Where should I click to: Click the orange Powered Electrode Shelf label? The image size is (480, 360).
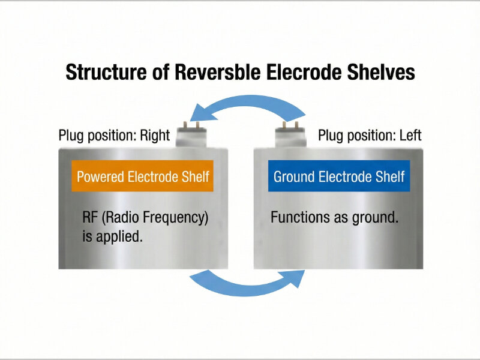(142, 176)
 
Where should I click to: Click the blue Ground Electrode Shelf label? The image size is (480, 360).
(339, 176)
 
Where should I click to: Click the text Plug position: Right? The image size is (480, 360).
(114, 135)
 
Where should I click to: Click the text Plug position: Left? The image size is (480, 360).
(370, 135)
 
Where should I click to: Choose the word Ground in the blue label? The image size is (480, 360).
(294, 176)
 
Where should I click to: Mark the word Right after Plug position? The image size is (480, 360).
(155, 135)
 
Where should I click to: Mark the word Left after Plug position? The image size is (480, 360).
(410, 135)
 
